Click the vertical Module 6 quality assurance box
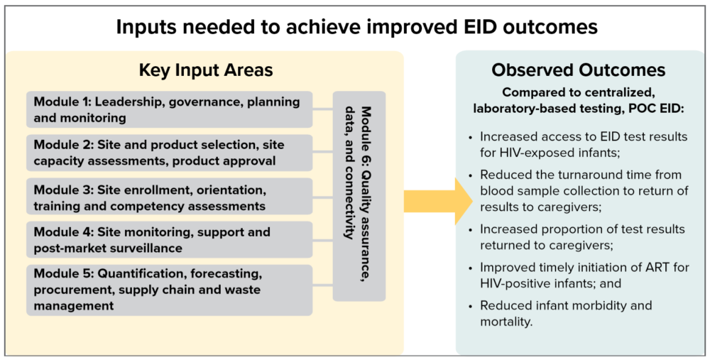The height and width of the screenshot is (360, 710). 359,196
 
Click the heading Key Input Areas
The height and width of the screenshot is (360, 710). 205,70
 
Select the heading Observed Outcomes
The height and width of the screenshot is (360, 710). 578,70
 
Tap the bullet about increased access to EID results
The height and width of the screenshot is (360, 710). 582,143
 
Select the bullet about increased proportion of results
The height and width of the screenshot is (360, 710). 582,237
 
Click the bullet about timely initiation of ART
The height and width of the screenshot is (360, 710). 579,276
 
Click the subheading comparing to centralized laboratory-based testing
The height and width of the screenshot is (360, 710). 578,100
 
